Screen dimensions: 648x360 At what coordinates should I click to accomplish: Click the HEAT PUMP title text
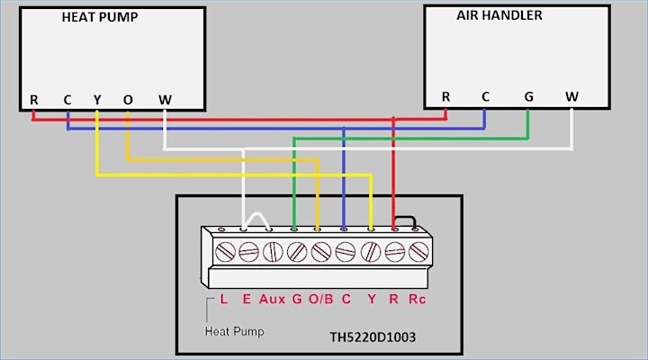click(100, 17)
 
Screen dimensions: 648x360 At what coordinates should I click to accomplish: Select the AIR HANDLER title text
click(499, 15)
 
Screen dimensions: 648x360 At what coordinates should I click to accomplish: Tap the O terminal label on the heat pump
click(128, 100)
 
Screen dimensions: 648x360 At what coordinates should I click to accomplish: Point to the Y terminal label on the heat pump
click(97, 100)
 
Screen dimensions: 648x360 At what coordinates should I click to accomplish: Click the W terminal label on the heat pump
click(165, 100)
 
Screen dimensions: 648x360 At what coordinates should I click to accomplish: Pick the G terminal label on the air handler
click(528, 96)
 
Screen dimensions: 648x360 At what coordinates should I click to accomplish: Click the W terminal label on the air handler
click(572, 96)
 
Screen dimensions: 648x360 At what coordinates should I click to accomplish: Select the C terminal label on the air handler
click(485, 96)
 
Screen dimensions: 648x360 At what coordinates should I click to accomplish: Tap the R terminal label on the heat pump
click(34, 100)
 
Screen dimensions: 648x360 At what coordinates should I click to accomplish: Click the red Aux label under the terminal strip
click(272, 299)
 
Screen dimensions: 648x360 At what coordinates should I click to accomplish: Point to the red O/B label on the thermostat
click(320, 299)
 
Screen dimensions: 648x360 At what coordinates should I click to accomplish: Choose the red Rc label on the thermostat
click(417, 299)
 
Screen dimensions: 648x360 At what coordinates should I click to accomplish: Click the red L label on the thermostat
click(223, 299)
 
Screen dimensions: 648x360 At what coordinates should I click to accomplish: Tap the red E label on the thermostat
click(247, 299)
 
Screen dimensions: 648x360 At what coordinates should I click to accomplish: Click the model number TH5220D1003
click(373, 337)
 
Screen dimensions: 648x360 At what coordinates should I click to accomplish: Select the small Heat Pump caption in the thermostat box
click(234, 331)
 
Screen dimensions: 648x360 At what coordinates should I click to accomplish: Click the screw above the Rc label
click(418, 252)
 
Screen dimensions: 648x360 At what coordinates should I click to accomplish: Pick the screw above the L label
click(225, 252)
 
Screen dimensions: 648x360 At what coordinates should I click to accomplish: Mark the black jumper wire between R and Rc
click(405, 218)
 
